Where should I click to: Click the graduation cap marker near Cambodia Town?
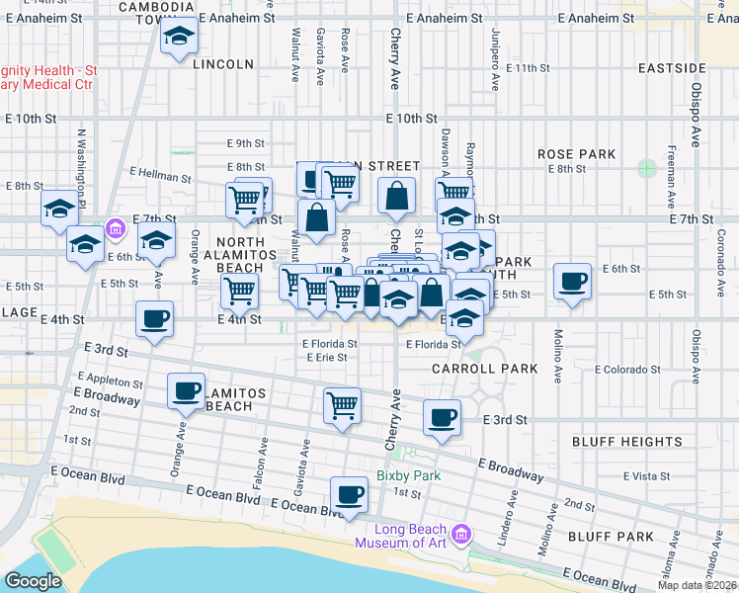coord(178,38)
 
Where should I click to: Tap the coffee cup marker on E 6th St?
coord(573,282)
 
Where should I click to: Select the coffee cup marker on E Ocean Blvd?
coord(348,493)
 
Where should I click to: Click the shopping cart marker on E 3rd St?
coord(342,405)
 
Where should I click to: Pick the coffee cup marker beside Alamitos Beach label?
coord(186,390)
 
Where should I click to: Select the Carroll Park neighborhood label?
coord(484,369)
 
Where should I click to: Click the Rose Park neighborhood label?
coord(576,154)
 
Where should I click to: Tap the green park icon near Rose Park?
coord(647,167)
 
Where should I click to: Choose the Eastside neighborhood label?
coord(672,68)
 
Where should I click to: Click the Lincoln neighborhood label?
coord(223,64)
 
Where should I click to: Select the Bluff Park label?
coord(611,537)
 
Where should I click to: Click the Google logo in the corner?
coord(33,580)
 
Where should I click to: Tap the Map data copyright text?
coord(698,585)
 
